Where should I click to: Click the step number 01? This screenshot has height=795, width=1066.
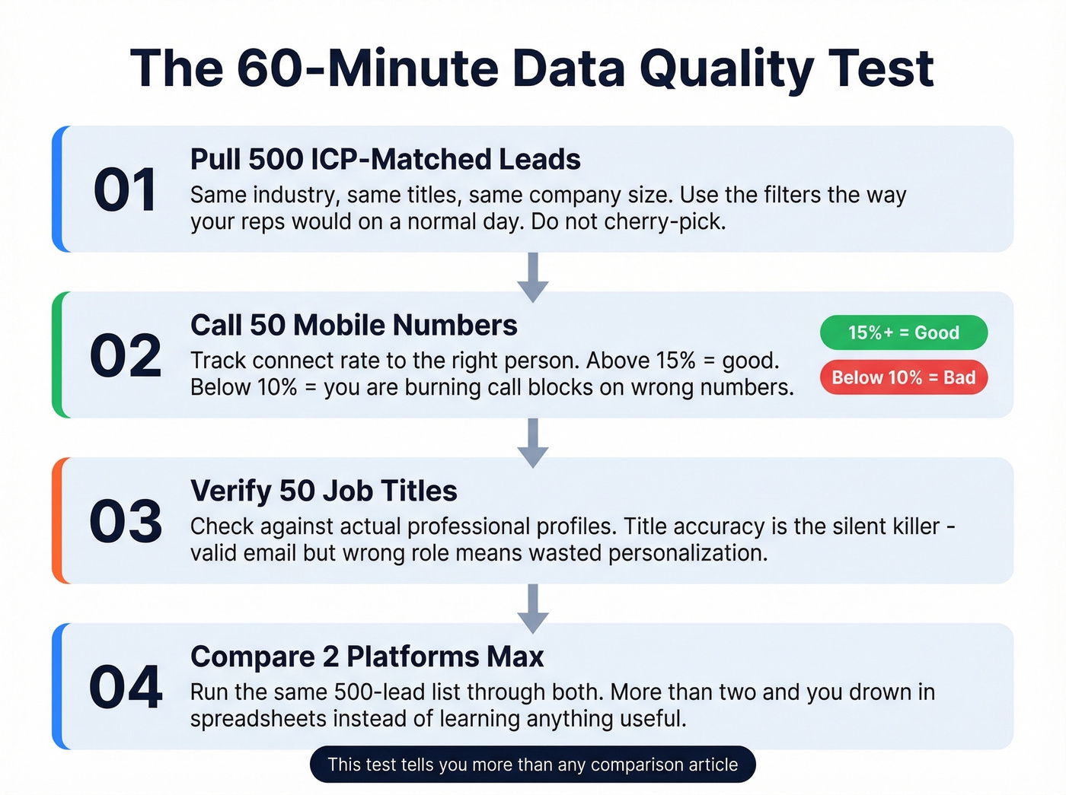point(125,190)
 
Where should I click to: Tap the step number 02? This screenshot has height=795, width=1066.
point(126,356)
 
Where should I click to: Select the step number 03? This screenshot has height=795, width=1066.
point(126,522)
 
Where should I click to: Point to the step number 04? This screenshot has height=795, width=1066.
point(126,688)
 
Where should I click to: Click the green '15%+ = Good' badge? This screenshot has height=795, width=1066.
point(903,332)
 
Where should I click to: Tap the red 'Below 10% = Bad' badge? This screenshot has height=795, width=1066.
point(903,377)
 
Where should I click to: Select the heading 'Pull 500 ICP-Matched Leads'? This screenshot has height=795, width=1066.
point(385,160)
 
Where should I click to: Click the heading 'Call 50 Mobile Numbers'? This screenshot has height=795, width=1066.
point(353,326)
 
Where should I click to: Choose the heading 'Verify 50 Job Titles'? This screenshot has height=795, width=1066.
point(324,491)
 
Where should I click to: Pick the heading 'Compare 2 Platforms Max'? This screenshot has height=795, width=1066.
point(367,657)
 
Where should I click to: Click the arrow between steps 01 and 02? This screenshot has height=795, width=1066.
point(533,277)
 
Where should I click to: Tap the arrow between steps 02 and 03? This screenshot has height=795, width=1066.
point(533,443)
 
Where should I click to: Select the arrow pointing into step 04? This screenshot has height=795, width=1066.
point(533,609)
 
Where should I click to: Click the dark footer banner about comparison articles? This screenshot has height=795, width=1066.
point(533,765)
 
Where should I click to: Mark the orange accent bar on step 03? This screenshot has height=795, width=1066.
point(57,520)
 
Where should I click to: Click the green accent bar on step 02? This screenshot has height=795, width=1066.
point(57,355)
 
